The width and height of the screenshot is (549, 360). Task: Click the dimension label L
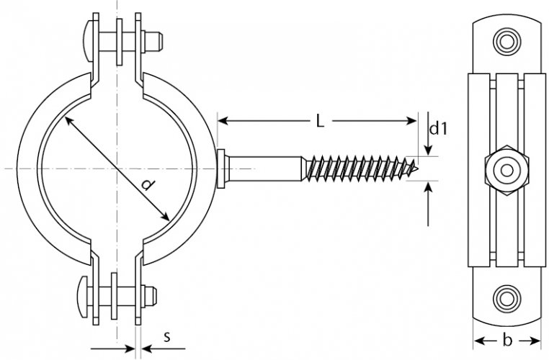point(320,122)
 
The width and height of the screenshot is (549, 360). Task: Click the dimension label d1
point(438,129)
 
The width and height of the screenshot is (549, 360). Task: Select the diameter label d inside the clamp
point(149,184)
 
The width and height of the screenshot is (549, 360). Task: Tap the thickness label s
point(167,337)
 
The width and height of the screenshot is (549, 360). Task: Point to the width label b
point(506,340)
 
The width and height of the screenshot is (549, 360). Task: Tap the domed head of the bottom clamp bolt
point(84,297)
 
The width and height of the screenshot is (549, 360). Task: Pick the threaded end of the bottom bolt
point(151,295)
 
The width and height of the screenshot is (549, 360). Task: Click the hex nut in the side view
point(506,171)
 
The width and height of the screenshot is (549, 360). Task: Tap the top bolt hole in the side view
point(506,41)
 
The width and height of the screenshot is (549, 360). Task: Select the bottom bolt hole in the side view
point(506,298)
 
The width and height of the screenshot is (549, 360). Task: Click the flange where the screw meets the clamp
point(221,168)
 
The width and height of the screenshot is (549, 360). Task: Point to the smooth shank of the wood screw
point(266,168)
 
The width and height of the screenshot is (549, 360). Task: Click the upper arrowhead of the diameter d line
point(68,121)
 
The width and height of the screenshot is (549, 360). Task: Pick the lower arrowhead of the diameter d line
point(165,217)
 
